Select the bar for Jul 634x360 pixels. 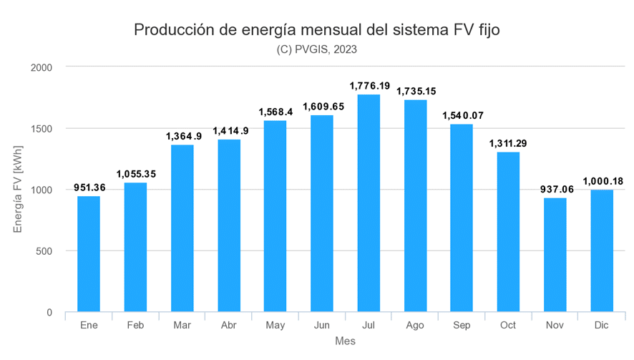pyautogui.click(x=369, y=204)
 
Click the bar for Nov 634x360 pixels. pyautogui.click(x=555, y=256)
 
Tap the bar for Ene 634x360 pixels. pyautogui.click(x=89, y=255)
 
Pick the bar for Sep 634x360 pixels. pyautogui.click(x=462, y=218)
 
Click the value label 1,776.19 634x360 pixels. pyautogui.click(x=369, y=86)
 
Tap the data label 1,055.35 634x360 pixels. pyautogui.click(x=136, y=174)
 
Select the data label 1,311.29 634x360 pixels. pyautogui.click(x=508, y=143)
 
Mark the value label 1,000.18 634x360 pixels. pyautogui.click(x=602, y=181)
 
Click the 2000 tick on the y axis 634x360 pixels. pyautogui.click(x=42, y=67)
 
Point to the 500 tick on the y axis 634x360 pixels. pyautogui.click(x=45, y=251)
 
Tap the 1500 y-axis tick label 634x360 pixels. pyautogui.click(x=42, y=129)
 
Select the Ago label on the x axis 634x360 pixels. pyautogui.click(x=415, y=326)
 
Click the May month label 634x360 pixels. pyautogui.click(x=275, y=326)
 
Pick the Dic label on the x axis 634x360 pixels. pyautogui.click(x=601, y=326)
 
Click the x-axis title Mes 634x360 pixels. pyautogui.click(x=345, y=341)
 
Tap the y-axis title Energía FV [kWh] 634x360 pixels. pyautogui.click(x=19, y=190)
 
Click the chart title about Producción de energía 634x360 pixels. pyautogui.click(x=316, y=30)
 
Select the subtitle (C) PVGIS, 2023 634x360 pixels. pyautogui.click(x=316, y=49)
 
